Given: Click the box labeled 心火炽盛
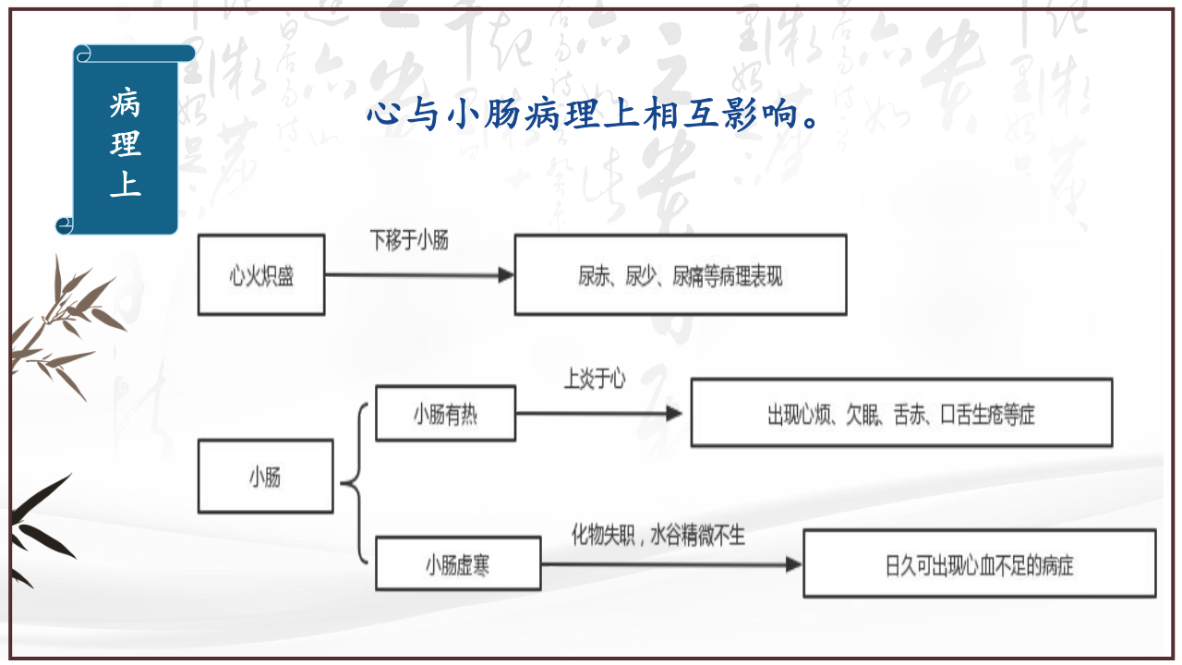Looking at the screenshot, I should coord(261,275).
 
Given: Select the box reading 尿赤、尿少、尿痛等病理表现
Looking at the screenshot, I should coord(680,275).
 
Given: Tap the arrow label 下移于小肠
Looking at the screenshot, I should coord(409,242).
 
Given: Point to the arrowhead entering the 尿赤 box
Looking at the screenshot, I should coord(506,275).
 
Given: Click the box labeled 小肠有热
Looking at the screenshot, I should coord(445,414).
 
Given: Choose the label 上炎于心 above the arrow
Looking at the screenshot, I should coord(595,379).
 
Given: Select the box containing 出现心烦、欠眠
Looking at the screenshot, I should coord(900,413).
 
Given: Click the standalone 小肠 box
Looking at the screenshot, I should coord(265,477).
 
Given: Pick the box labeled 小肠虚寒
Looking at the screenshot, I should coord(457,563).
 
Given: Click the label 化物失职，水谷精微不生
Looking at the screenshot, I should coord(657,536).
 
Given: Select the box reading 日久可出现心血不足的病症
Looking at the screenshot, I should coord(979,563).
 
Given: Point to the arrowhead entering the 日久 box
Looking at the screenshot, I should coord(794,563).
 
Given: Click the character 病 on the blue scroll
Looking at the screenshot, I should coord(125,104).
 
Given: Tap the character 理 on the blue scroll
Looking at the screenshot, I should coord(125,144).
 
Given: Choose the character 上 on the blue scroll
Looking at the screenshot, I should coord(125,184).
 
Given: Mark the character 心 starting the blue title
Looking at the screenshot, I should coord(382,116).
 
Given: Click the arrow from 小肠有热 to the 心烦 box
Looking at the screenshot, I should coord(600,414).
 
